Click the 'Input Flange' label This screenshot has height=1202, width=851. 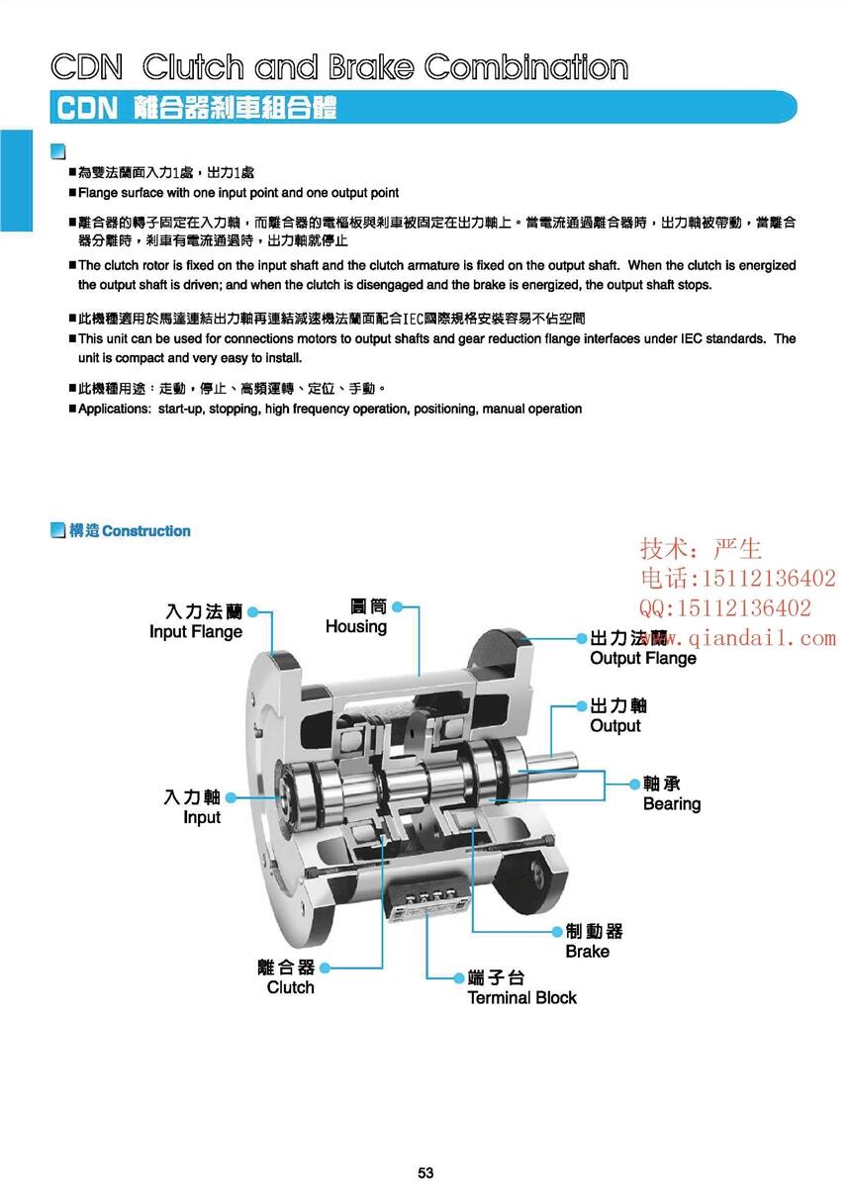(x=196, y=631)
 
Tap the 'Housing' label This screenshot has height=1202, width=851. (x=356, y=626)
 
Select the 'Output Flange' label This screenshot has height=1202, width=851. (x=643, y=658)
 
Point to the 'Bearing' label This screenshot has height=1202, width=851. (x=672, y=804)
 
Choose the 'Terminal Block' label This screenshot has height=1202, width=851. (x=521, y=997)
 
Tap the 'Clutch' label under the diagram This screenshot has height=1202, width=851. (x=290, y=987)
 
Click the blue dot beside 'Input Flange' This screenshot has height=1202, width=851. (x=253, y=611)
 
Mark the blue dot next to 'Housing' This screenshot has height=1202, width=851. (x=397, y=606)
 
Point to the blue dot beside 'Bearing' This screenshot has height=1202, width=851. (x=634, y=784)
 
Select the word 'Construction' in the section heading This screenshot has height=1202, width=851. (x=145, y=531)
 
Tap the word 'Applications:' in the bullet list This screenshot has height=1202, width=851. (x=115, y=409)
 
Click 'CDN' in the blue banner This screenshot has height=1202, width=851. (x=87, y=107)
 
